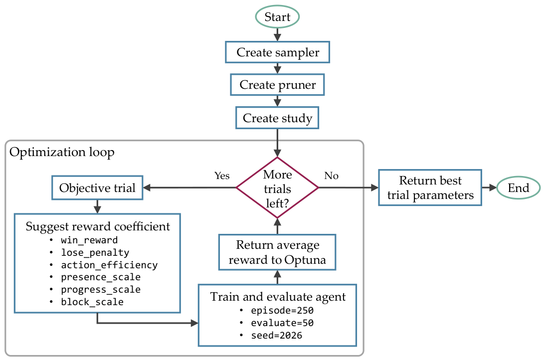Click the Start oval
point(277,16)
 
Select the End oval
point(518,187)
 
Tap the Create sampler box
point(277,52)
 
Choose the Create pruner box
point(277,84)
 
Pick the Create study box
point(277,118)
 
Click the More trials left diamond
point(277,187)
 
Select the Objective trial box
point(97,187)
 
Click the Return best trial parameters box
point(430,187)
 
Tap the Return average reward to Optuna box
point(277,252)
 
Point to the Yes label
point(222,176)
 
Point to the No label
point(331,176)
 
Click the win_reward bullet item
point(84,240)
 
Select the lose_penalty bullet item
point(89,253)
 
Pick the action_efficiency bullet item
point(104,265)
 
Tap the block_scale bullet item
point(87,302)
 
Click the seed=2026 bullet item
point(271,336)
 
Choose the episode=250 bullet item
point(277,310)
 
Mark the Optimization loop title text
point(62,152)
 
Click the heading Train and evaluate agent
point(278,297)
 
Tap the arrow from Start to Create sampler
point(277,34)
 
